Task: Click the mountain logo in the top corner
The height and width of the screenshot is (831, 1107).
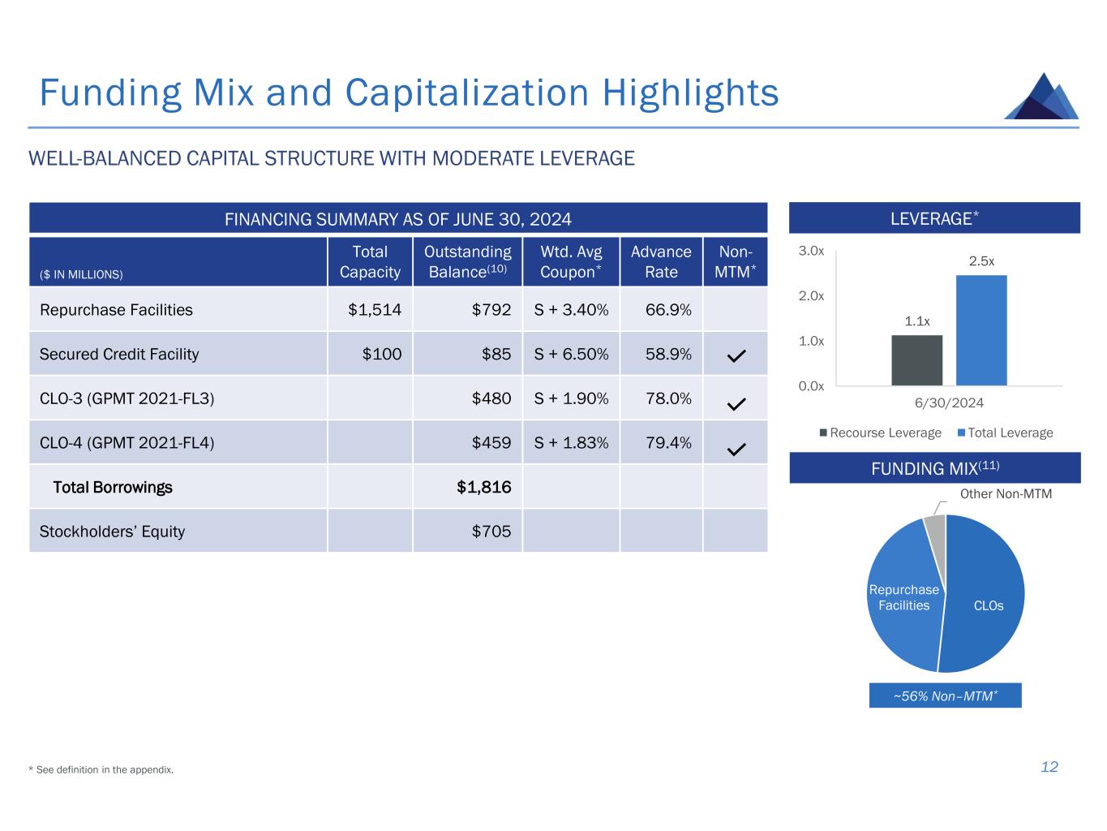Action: [x=1041, y=97]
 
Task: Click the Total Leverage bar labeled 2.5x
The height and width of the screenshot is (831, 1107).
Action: [x=981, y=330]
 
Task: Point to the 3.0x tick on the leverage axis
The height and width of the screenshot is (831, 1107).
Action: [x=811, y=252]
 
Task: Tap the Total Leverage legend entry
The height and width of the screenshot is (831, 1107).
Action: [x=1005, y=433]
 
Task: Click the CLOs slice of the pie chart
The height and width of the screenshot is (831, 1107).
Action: [x=985, y=601]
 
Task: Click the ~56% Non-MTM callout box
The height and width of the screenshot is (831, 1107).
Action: [x=945, y=695]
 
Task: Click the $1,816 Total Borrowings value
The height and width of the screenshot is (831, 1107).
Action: [x=484, y=487]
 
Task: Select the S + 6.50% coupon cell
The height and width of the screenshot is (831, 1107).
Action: [x=571, y=354]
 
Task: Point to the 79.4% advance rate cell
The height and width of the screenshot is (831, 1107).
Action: [x=661, y=443]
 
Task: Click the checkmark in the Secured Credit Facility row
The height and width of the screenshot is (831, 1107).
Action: [x=736, y=355]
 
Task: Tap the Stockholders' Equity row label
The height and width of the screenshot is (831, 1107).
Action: [x=112, y=532]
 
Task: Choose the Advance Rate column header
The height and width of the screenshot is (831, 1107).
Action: [x=661, y=261]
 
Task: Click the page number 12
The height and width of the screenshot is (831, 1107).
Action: [x=1049, y=767]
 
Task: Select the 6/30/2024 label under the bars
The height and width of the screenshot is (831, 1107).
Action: [x=949, y=403]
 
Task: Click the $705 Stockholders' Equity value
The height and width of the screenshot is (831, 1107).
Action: [x=492, y=532]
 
